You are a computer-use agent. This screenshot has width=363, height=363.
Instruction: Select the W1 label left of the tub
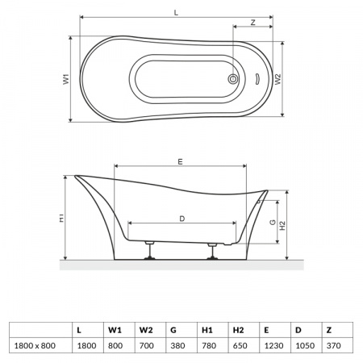(68, 79)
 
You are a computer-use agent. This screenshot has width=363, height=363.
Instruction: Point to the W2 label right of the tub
(278, 79)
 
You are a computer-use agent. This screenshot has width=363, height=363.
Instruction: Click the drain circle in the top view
(234, 79)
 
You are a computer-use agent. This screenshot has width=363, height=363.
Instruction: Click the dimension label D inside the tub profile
(181, 218)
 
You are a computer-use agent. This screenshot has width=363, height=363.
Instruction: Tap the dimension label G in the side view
(273, 222)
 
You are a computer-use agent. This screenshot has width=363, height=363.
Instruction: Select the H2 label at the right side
(282, 227)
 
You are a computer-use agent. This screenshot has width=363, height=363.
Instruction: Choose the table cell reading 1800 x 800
(36, 344)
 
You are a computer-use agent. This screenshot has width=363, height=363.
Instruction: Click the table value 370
(329, 344)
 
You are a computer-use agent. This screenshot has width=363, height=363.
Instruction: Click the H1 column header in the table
(207, 328)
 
